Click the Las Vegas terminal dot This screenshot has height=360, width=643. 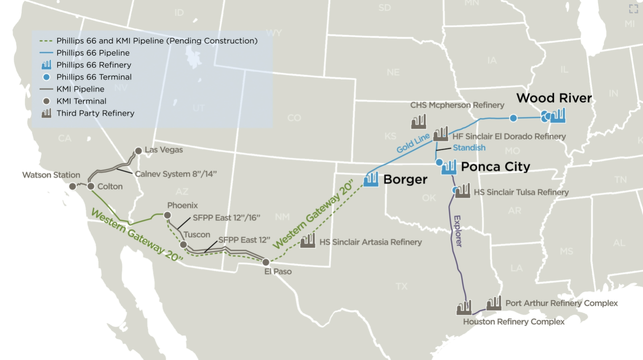(138, 151)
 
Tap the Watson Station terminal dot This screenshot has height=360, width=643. (72, 186)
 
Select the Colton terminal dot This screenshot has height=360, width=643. (91, 186)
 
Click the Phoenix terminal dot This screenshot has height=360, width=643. (167, 215)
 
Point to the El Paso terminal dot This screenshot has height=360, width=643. (266, 262)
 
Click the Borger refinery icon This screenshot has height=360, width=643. (371, 179)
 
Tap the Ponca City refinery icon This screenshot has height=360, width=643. (449, 167)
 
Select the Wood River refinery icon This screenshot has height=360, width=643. (557, 115)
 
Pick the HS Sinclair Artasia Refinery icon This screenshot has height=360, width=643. (308, 240)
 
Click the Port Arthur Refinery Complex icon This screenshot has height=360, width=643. (494, 303)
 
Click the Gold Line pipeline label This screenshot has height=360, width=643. (413, 143)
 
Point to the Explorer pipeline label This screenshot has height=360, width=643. (458, 230)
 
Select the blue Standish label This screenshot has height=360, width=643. (469, 148)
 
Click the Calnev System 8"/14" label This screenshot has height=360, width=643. (176, 174)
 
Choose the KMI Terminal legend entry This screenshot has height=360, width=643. (81, 101)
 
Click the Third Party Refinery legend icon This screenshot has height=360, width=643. (46, 113)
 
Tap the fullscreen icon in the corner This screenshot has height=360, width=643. (633, 9)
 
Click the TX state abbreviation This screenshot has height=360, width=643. (402, 286)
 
